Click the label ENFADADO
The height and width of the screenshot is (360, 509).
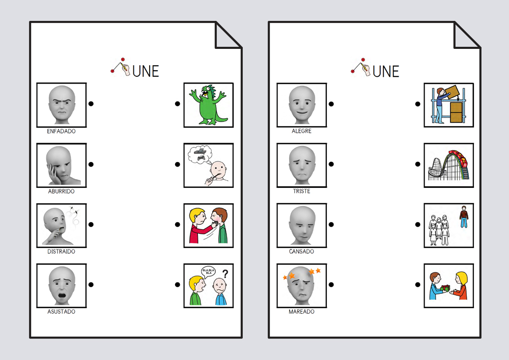tap(61, 131)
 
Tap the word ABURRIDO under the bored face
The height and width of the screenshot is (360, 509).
tap(61, 191)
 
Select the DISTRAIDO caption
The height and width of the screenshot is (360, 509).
tap(61, 251)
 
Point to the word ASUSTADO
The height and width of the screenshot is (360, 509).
tap(61, 311)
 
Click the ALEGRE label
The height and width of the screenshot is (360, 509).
tap(301, 131)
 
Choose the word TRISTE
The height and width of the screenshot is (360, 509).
tap(301, 191)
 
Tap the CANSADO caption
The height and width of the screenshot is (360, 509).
tap(301, 251)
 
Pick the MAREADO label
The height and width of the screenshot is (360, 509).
tap(301, 311)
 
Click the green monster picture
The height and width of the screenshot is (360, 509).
tap(208, 105)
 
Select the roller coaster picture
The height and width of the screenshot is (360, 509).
tap(448, 165)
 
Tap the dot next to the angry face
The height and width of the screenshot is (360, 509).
tap(91, 103)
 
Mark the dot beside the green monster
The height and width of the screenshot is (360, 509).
tap(177, 103)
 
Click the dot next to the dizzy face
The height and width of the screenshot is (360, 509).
tap(331, 284)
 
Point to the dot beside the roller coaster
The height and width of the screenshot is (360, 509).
tap(418, 164)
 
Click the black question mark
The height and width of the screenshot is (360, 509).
tap(225, 274)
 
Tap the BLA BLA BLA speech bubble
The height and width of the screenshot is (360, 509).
tap(208, 271)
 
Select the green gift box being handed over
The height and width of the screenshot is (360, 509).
tap(445, 288)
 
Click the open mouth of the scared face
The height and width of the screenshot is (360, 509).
tap(62, 295)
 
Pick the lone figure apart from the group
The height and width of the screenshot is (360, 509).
tap(464, 216)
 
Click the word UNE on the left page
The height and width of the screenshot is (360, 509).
tap(146, 71)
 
